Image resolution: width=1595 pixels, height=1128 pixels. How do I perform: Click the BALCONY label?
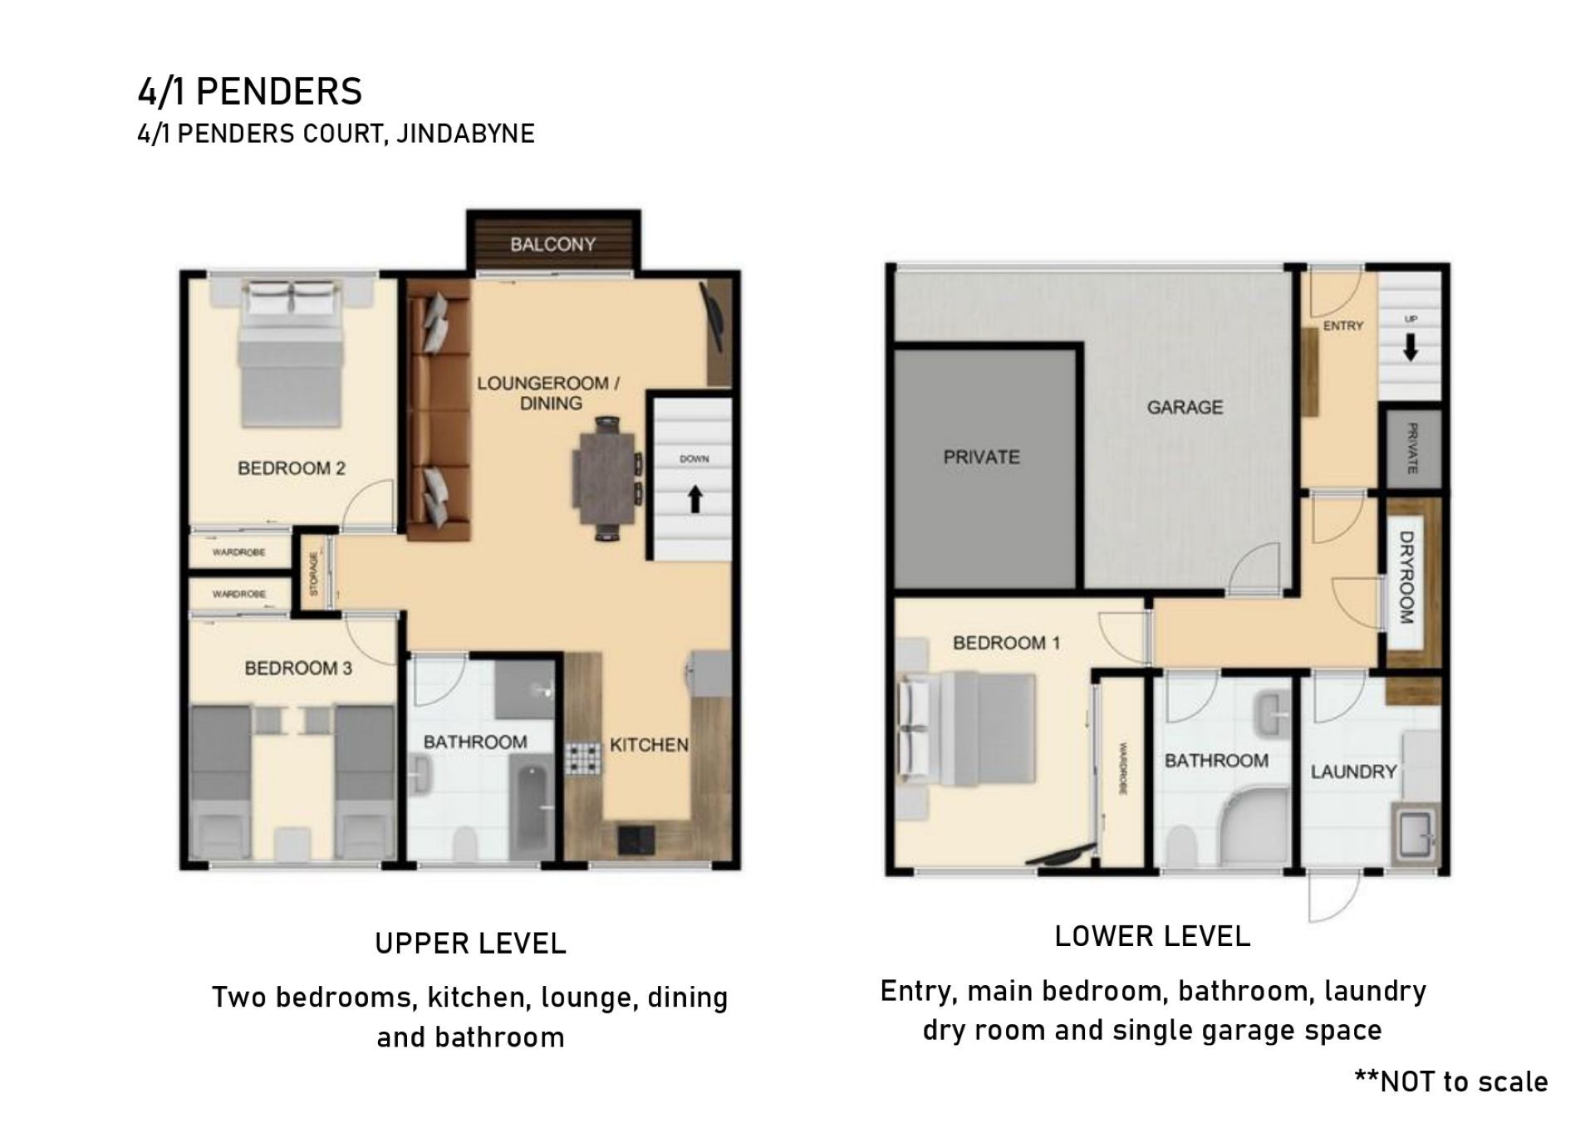tap(552, 244)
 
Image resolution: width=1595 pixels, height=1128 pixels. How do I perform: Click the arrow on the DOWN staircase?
tap(695, 499)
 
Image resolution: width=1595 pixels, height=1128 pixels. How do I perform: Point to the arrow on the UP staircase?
tap(1410, 348)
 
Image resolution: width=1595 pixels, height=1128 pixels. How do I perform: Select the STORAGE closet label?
tap(313, 574)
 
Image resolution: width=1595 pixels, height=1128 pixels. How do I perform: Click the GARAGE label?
tap(1185, 407)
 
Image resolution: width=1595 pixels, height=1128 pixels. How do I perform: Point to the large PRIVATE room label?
tap(981, 457)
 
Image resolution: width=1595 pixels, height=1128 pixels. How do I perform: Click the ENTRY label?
tap(1342, 326)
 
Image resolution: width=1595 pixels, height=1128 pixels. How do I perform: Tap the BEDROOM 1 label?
tap(1006, 643)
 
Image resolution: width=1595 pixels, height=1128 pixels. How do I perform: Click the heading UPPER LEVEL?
tap(470, 944)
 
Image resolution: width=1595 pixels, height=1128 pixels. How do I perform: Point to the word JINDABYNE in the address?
tap(465, 134)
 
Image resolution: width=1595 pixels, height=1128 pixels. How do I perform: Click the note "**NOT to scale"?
tap(1451, 1081)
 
